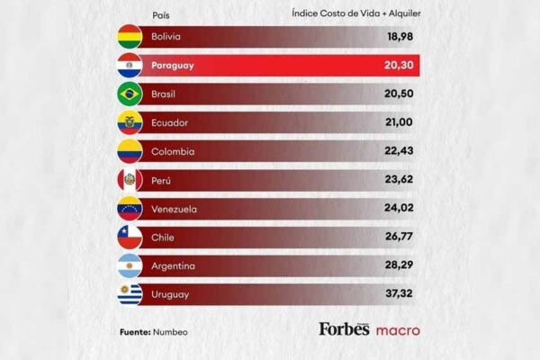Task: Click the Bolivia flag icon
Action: pyautogui.click(x=130, y=37)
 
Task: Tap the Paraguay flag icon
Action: pyautogui.click(x=130, y=66)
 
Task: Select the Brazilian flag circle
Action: pyautogui.click(x=130, y=94)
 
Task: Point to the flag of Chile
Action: pyautogui.click(x=130, y=238)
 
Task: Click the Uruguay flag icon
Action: pyautogui.click(x=130, y=294)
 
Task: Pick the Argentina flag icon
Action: pyautogui.click(x=130, y=266)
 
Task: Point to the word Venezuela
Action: pyautogui.click(x=175, y=209)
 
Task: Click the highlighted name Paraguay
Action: pyautogui.click(x=173, y=66)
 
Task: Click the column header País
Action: pyautogui.click(x=162, y=13)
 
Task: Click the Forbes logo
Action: pyautogui.click(x=344, y=329)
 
